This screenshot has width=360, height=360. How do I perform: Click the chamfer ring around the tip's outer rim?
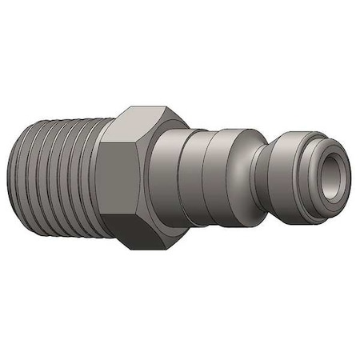320,144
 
